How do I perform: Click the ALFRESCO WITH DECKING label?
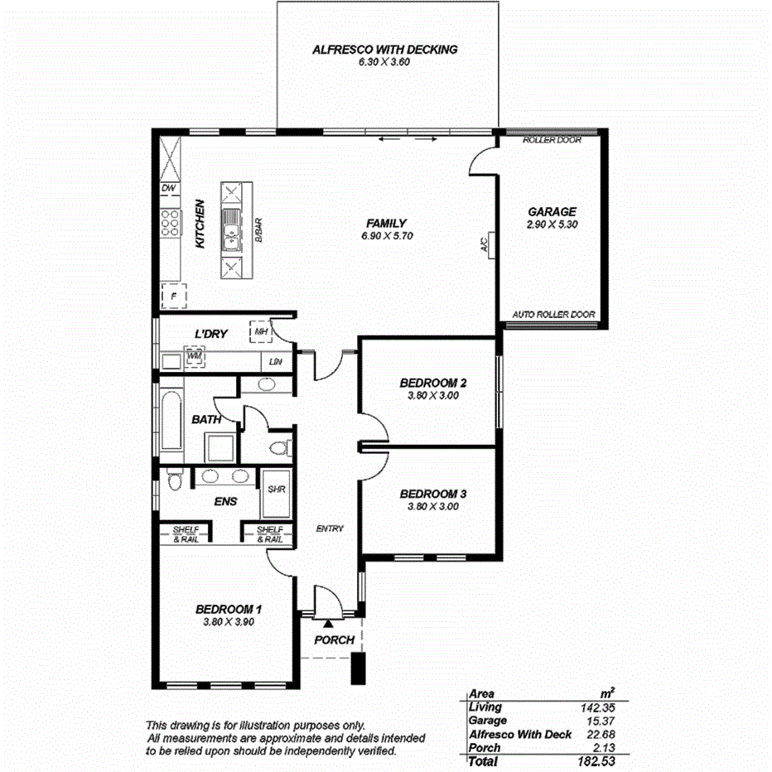point(384,50)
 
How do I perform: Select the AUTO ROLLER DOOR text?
point(553,315)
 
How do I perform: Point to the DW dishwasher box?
point(169,189)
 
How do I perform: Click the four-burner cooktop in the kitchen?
point(170,223)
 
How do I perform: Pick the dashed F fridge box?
point(174,295)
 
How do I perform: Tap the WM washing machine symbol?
point(195,356)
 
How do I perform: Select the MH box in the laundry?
point(261,332)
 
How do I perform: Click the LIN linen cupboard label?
point(274,362)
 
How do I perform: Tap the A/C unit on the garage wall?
point(491,244)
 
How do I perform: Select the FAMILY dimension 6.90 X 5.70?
point(387,236)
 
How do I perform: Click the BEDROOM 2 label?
point(433,383)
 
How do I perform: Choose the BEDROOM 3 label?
point(433,494)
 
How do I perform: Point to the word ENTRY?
point(330,528)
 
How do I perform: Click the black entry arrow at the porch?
point(329,622)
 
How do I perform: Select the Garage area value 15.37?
point(597,721)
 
